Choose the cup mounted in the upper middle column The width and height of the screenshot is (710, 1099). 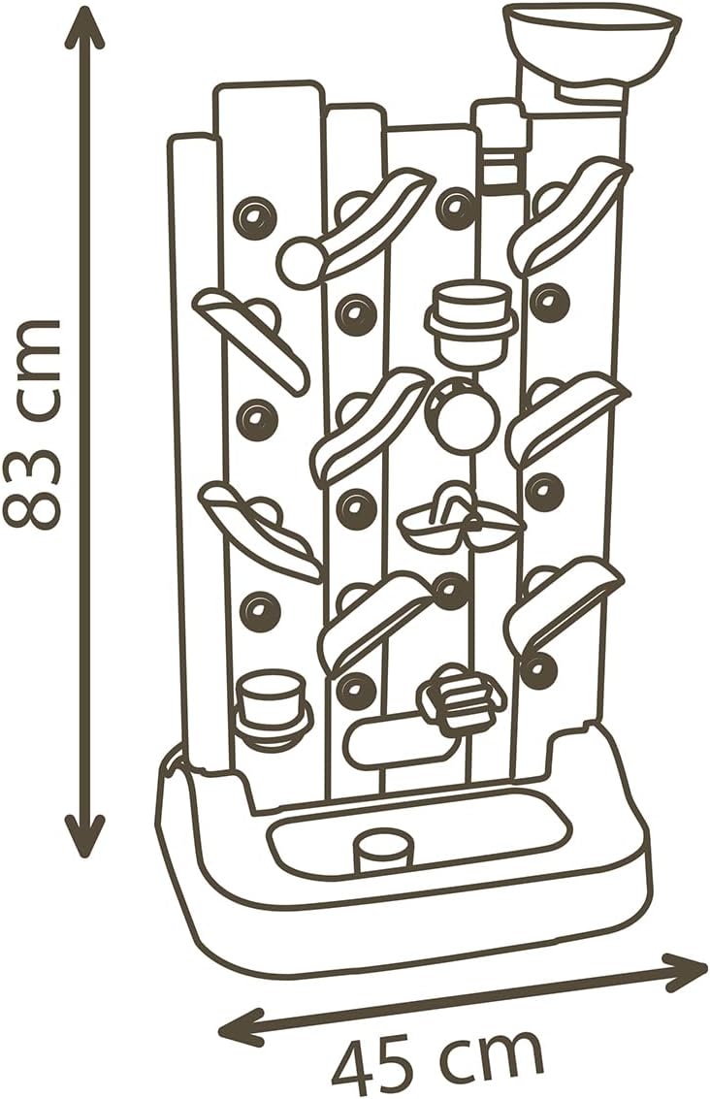pos(470,320)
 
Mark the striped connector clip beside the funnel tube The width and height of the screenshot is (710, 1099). pos(499,160)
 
